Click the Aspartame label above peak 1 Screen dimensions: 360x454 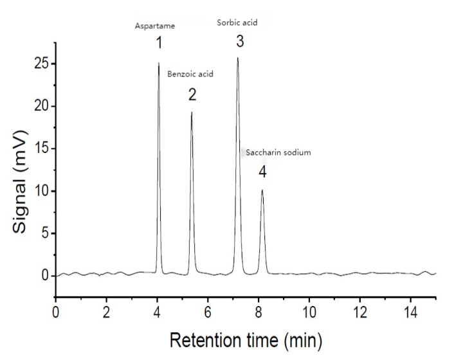(154, 26)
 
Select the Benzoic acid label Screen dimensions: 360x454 (190, 74)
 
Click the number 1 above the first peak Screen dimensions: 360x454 (158, 43)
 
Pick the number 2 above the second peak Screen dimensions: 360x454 (192, 95)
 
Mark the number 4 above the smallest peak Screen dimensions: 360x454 (262, 172)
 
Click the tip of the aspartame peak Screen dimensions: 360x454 (159, 63)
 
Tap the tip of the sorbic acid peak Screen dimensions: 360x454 (238, 58)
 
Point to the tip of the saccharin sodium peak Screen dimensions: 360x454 (262, 190)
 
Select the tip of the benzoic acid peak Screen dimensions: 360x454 (192, 113)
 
